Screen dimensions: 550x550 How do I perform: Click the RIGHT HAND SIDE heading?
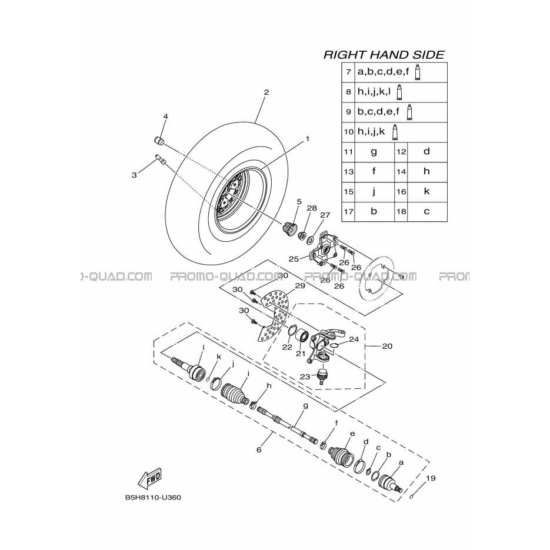[384, 55]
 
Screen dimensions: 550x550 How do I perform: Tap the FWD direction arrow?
[150, 478]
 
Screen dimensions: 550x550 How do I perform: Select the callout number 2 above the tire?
[266, 92]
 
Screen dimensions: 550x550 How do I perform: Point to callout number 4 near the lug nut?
[165, 116]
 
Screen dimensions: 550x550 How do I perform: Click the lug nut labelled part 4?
[159, 141]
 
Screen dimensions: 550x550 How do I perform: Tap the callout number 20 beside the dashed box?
[387, 346]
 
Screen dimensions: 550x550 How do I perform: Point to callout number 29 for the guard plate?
[300, 286]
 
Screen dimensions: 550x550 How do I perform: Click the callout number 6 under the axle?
[259, 449]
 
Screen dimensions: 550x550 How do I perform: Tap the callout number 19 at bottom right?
[431, 478]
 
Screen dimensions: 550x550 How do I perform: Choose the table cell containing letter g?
[374, 152]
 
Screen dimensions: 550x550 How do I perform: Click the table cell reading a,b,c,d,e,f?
[401, 72]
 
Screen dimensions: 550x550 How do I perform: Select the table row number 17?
[348, 212]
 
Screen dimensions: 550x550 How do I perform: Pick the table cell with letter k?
[427, 192]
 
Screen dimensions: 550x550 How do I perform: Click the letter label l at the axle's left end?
[204, 347]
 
